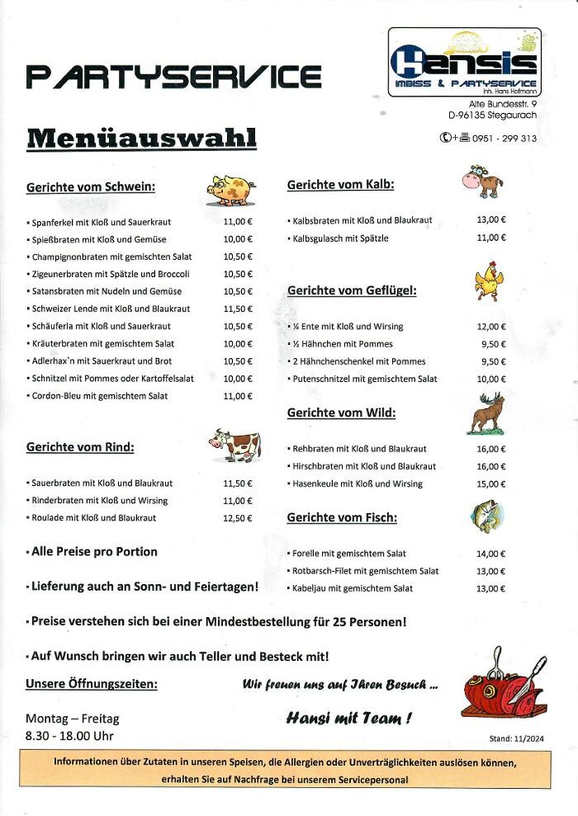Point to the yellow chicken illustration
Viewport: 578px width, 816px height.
(487, 281)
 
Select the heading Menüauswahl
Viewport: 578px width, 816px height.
(141, 137)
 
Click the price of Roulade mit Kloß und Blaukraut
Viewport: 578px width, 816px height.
(238, 518)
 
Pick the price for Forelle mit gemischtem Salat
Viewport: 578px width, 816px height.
(490, 554)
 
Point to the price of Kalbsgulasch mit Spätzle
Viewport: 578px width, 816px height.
(490, 238)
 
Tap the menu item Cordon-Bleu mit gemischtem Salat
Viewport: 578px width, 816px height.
(99, 396)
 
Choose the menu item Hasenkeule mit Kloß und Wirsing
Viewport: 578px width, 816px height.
(358, 483)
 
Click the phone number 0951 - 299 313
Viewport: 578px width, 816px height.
(505, 139)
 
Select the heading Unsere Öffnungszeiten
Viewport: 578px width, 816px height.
(92, 683)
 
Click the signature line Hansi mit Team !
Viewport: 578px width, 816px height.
(349, 718)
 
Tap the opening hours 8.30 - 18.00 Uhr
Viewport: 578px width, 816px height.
(69, 735)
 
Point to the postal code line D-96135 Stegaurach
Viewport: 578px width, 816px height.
(492, 116)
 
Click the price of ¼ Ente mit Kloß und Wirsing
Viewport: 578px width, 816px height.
(490, 327)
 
